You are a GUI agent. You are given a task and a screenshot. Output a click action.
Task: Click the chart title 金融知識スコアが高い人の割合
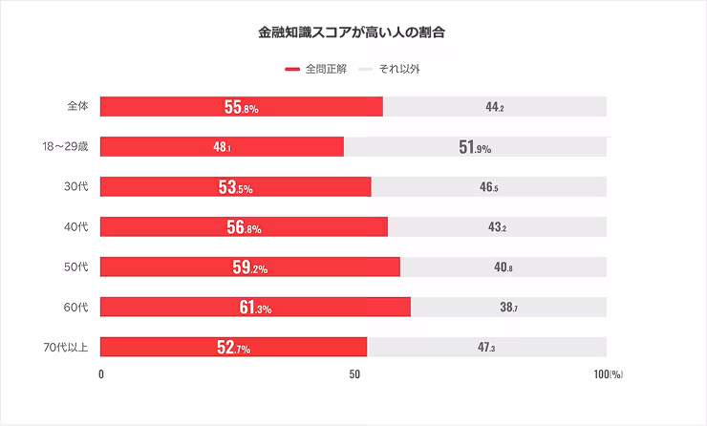click(353, 32)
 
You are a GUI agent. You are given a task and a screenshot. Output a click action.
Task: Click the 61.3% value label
click(255, 308)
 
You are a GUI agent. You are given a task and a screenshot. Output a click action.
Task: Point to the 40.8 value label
click(503, 267)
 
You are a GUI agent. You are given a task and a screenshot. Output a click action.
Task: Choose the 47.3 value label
click(486, 348)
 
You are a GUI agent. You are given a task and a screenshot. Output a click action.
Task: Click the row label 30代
click(75, 186)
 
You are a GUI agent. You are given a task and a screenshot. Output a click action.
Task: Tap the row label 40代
click(75, 226)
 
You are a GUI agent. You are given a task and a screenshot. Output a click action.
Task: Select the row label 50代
click(75, 266)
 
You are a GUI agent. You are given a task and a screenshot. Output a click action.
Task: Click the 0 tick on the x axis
click(101, 374)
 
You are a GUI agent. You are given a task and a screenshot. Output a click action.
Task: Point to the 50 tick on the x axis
click(353, 374)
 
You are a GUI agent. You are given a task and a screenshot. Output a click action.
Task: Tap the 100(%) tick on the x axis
click(608, 374)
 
